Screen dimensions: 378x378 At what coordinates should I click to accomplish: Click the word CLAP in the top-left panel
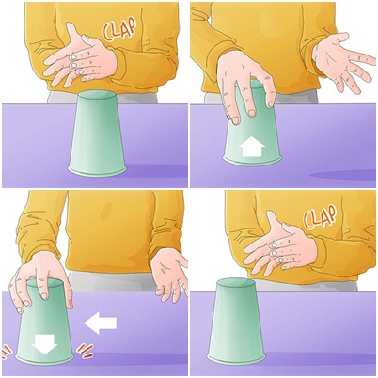point(119,29)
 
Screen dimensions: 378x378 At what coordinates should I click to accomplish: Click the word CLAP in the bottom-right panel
point(320,216)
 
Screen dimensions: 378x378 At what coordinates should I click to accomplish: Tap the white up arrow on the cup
point(252,148)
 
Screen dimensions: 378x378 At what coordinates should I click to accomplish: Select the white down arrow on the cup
point(46,344)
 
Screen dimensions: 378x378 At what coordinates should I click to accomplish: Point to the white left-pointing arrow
point(101,323)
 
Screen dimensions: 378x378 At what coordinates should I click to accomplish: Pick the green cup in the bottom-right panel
point(236,321)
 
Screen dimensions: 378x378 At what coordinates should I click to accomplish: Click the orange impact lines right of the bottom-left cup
point(86,351)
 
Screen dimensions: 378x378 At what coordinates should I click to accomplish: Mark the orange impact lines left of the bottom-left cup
point(6,351)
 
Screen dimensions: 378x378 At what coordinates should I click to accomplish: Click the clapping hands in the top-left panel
point(80,59)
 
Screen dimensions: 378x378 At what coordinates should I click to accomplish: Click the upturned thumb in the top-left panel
point(74,35)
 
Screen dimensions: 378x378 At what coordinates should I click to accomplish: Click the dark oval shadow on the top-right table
point(343,175)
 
